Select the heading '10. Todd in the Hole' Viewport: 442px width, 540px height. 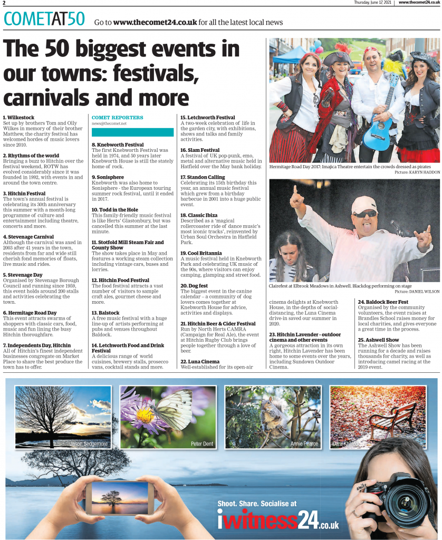115,210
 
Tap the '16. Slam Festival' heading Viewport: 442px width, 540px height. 200,150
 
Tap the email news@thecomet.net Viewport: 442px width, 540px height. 109,123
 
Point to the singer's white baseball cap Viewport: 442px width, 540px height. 364,204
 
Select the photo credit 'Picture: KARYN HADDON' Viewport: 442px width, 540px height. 417,172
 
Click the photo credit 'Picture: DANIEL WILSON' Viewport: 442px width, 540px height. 417,291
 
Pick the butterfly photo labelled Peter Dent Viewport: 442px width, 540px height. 168,417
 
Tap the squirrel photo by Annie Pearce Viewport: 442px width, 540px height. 272,417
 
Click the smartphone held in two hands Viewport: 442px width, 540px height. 120,497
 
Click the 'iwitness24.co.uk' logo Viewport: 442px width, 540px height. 278,520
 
